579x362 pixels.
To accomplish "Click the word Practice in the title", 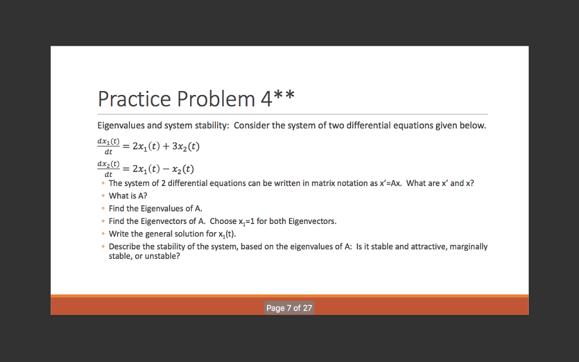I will click(x=134, y=99).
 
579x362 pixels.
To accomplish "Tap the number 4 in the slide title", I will click(x=266, y=99).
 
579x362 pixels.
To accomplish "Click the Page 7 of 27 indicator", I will click(x=289, y=308).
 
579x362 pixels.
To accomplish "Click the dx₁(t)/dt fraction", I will click(x=108, y=146).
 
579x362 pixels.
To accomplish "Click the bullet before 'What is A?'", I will click(x=102, y=196).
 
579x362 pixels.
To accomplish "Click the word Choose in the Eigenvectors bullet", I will click(x=223, y=221).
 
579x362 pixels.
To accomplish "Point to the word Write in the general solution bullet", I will click(x=118, y=234).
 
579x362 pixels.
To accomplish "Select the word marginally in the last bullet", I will click(x=468, y=247).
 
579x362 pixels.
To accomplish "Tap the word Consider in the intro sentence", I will click(x=252, y=126).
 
